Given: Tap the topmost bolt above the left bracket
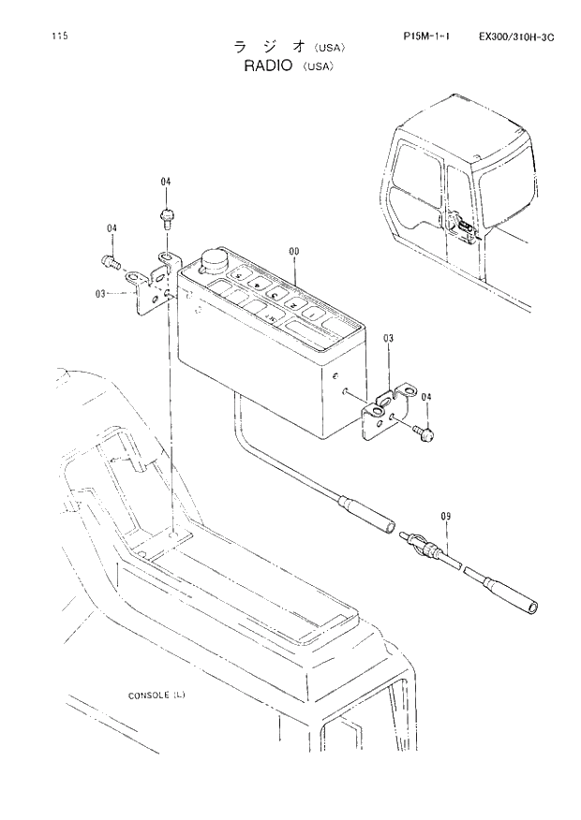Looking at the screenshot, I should point(166,219).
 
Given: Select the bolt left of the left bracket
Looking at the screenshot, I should point(109,261).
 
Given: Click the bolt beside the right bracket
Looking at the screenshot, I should point(423,432).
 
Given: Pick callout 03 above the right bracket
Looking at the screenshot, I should point(388,338).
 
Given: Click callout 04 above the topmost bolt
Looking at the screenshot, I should point(166,182).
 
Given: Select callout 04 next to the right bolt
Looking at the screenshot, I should point(426,398).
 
